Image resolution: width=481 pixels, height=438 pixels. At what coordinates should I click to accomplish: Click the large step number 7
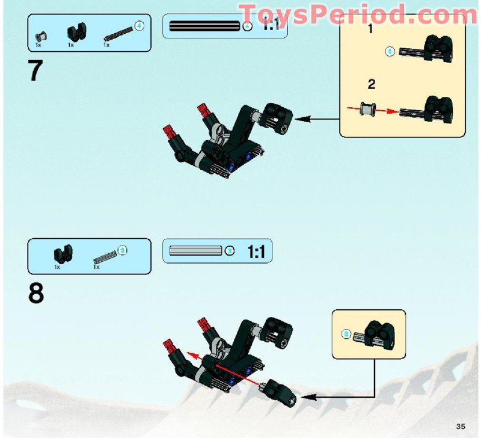[35, 72]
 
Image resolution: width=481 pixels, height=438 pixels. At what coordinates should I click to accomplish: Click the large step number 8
[36, 294]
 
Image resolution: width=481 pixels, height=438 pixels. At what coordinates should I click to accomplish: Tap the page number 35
[460, 426]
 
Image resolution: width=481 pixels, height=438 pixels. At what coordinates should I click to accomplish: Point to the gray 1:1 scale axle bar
[196, 250]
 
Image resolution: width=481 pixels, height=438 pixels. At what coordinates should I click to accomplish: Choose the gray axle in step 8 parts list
[105, 256]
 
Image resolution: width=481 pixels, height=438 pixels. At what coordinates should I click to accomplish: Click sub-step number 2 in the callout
[372, 85]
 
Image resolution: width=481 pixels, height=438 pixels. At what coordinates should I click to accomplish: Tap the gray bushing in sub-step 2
[366, 110]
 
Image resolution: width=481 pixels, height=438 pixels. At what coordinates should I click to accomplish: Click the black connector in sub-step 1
[437, 49]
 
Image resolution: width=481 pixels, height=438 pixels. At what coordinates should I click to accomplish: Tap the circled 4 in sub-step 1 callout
[389, 52]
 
